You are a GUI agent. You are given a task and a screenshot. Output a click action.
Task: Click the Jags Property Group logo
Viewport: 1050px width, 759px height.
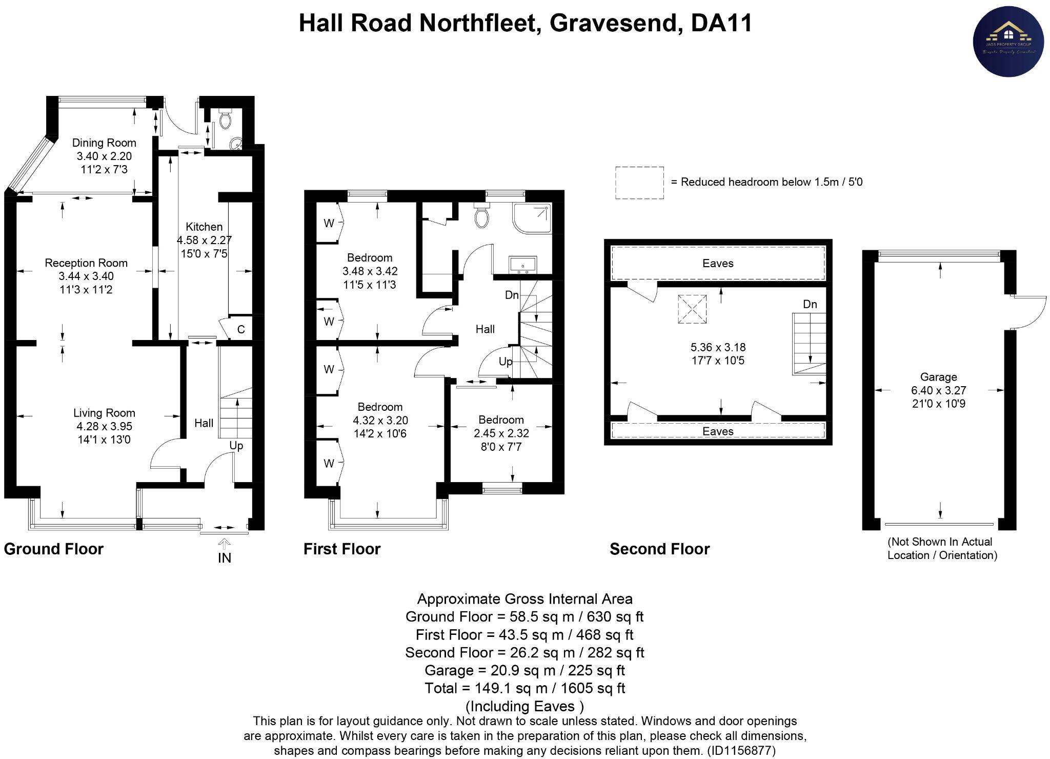tap(1008, 42)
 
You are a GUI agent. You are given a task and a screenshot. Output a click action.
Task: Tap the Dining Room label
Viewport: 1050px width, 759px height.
tap(104, 143)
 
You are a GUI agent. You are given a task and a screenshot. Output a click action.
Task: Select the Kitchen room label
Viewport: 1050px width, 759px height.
tap(204, 227)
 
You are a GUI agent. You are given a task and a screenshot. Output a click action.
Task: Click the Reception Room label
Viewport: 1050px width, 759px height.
tap(86, 263)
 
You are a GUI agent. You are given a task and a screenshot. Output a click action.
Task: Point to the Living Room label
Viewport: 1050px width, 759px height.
tap(104, 413)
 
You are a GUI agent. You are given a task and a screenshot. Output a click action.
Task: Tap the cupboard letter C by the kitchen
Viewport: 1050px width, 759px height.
tap(241, 329)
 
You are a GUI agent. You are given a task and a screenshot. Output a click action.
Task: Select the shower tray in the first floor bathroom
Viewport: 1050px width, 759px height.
tap(532, 218)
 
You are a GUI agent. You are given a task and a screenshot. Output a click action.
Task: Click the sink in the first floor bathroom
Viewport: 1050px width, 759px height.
tap(522, 264)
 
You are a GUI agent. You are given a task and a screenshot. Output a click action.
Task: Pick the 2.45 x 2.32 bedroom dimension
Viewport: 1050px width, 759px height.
tap(501, 433)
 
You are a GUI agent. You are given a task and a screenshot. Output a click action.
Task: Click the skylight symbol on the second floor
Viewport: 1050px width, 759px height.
tap(692, 309)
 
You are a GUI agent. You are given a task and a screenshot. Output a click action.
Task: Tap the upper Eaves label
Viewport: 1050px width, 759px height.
tap(718, 264)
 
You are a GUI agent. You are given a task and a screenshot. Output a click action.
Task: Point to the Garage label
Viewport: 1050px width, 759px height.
tap(938, 377)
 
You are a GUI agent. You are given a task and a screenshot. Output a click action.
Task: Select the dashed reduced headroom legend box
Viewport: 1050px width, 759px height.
tap(639, 183)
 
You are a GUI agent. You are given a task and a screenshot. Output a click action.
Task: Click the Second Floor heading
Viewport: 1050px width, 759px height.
tap(659, 549)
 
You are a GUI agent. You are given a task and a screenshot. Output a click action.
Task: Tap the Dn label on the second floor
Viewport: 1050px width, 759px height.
tap(810, 304)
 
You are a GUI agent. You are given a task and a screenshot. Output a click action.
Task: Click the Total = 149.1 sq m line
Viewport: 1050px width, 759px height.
tap(524, 688)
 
